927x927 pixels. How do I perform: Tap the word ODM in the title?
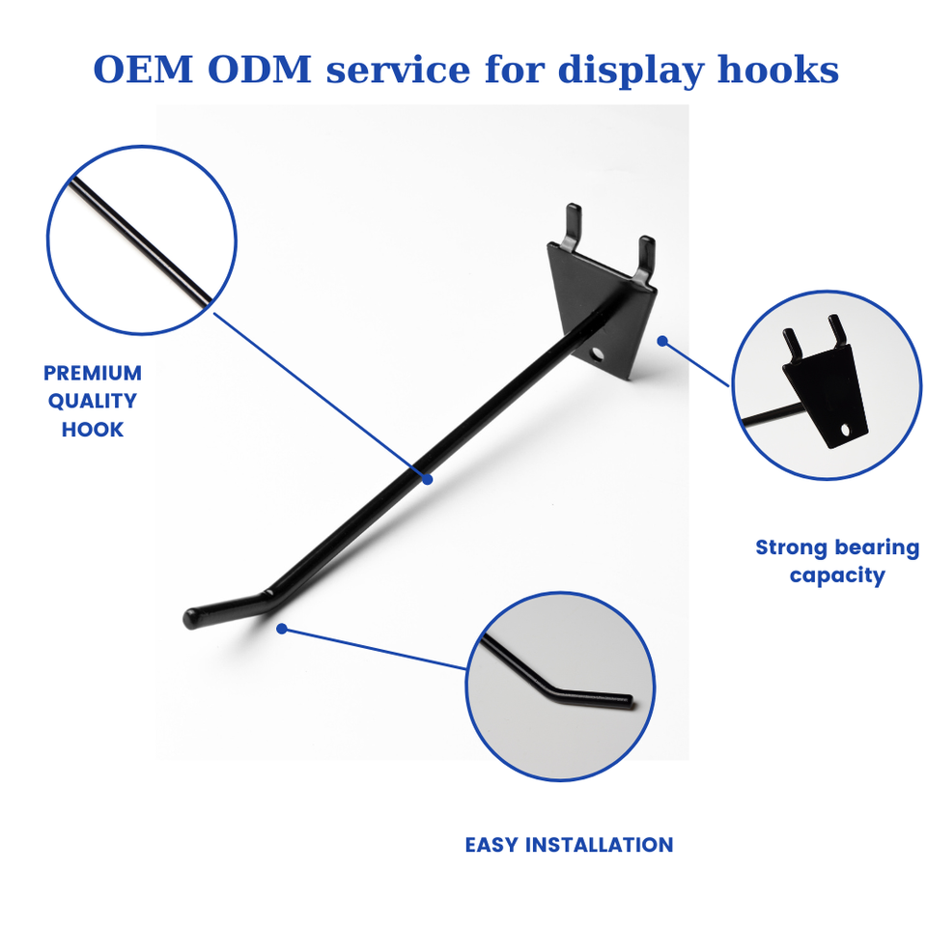tap(266, 70)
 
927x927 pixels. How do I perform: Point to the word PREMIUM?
tap(93, 373)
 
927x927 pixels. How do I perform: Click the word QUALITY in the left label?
tap(93, 401)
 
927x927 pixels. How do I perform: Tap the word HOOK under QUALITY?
tap(93, 429)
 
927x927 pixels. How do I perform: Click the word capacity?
tap(837, 576)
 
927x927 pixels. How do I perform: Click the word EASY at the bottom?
tap(492, 845)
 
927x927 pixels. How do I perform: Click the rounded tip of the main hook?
tap(191, 619)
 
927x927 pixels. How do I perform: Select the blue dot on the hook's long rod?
tap(426, 477)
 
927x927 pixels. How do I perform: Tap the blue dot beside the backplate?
tap(662, 340)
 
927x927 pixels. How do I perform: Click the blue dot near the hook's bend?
tap(281, 629)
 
